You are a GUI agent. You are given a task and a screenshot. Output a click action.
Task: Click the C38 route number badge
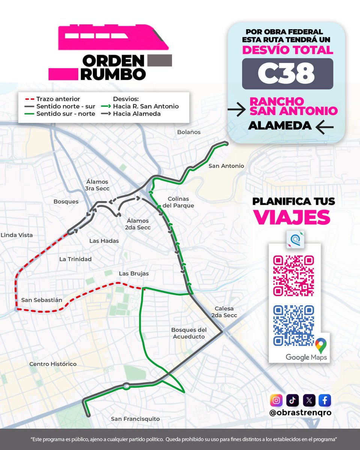[x=287, y=74]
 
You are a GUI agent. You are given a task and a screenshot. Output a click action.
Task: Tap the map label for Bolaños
[x=188, y=132]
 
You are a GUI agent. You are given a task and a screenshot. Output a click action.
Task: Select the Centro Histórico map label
[x=53, y=364]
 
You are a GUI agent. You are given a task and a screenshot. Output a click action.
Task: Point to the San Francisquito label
[x=136, y=419]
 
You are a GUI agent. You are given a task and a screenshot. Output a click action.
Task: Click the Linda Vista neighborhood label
[x=17, y=235]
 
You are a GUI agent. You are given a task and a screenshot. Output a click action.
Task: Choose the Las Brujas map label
[x=134, y=273]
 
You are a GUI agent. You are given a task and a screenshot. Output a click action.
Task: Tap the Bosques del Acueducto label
[x=189, y=333]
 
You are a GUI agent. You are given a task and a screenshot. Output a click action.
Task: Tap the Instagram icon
[x=276, y=400]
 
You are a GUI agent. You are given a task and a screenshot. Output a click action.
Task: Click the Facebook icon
[x=325, y=400]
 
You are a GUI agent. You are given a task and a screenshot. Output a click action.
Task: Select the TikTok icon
[x=292, y=400]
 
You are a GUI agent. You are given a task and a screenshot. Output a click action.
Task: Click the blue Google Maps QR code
[x=293, y=325]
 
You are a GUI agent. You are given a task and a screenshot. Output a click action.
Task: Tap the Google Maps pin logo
[x=320, y=344]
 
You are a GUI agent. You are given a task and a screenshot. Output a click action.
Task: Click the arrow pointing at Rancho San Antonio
[x=236, y=109]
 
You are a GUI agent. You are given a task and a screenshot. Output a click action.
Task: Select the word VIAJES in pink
[x=292, y=217]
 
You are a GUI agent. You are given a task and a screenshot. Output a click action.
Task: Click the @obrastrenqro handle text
[x=300, y=413]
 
